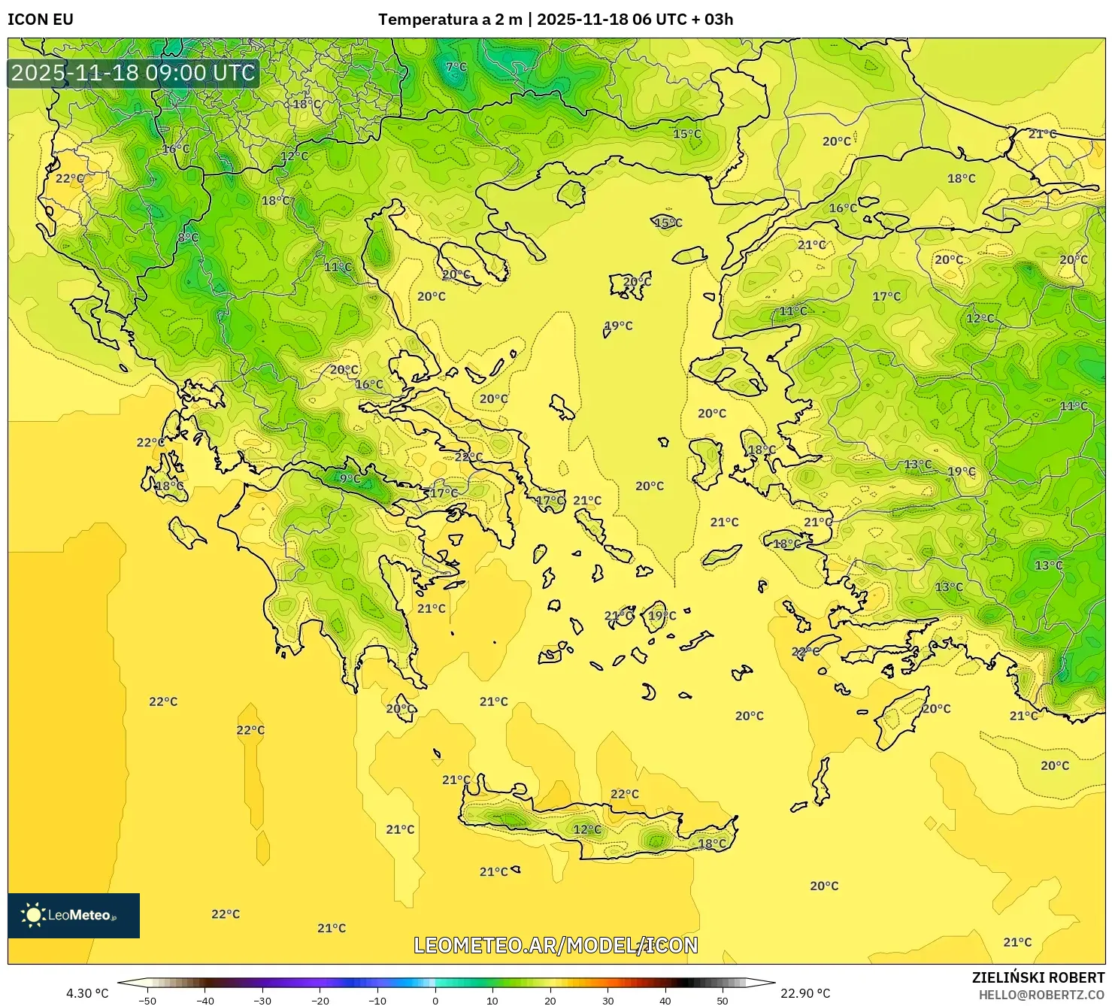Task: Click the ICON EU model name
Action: point(41,20)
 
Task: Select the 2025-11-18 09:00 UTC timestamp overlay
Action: point(133,73)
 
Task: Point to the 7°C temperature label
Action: point(456,67)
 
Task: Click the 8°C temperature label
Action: point(188,238)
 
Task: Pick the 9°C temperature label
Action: point(350,478)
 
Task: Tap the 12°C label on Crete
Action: point(587,829)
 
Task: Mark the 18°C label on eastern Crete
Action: point(712,844)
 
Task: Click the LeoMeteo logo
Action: point(74,915)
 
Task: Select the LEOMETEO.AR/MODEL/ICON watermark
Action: point(556,945)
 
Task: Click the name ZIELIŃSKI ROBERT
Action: point(1038,978)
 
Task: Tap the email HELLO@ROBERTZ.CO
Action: point(1041,995)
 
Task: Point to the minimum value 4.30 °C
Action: point(87,993)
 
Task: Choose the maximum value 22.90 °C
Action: point(805,993)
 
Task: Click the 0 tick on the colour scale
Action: point(435,1000)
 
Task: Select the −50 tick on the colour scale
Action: point(147,1000)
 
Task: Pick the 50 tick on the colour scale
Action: point(723,1000)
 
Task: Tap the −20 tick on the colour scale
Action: point(320,1000)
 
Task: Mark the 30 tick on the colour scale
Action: point(608,1000)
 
